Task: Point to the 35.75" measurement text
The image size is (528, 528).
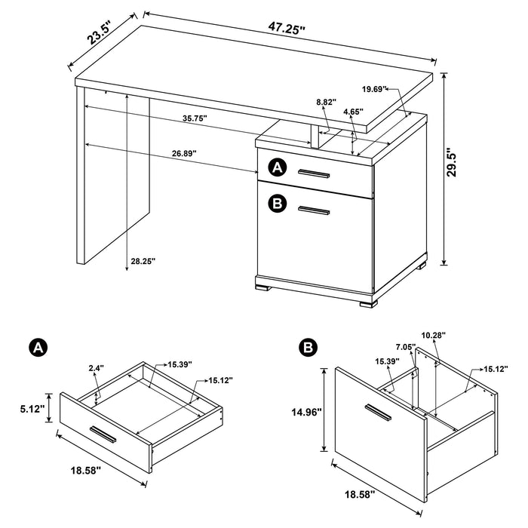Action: click(195, 118)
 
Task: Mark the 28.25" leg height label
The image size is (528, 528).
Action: click(142, 261)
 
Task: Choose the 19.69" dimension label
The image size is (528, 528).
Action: click(374, 89)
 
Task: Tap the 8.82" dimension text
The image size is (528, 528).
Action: click(326, 100)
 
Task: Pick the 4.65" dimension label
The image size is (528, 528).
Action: click(351, 112)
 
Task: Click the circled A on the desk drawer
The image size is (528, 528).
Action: click(278, 167)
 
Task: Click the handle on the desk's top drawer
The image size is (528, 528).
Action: click(314, 174)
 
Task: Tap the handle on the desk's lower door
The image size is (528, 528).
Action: click(314, 210)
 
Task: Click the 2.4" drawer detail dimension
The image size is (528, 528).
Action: click(97, 369)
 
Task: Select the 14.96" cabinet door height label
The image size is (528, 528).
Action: click(307, 412)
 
